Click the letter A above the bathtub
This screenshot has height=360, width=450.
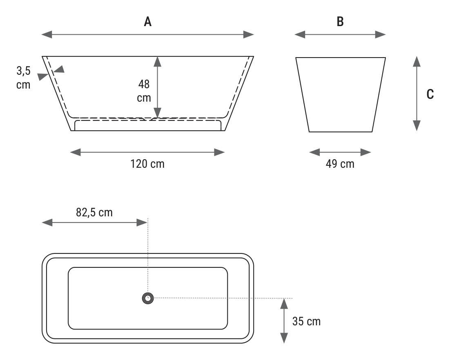tap(147, 22)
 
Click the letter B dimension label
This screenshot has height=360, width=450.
tap(340, 22)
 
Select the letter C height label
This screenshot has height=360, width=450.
tap(430, 94)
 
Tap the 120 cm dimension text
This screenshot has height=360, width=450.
tap(147, 164)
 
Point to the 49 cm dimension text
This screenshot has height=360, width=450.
tap(340, 164)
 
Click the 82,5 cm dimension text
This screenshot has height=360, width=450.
tap(94, 213)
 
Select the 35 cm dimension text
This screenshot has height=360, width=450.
tap(307, 321)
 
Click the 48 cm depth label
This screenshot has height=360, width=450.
tap(144, 91)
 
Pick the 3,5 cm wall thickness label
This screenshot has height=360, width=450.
tap(23, 78)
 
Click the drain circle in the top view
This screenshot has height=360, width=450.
tap(148, 298)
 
